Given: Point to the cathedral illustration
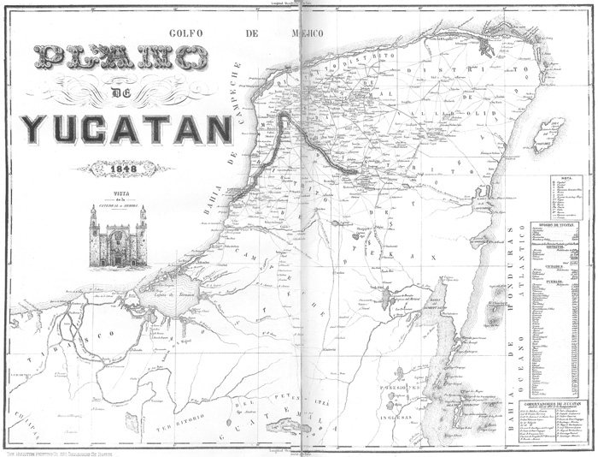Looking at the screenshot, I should (x=118, y=235).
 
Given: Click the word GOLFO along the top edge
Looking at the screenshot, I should (x=188, y=33).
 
